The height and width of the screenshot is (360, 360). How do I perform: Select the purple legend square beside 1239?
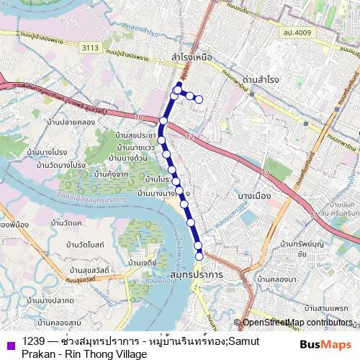tap(10, 343)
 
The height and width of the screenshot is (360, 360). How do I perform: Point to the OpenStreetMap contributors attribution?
tap(298, 323)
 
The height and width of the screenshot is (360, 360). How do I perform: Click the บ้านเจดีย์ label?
tap(142, 264)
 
